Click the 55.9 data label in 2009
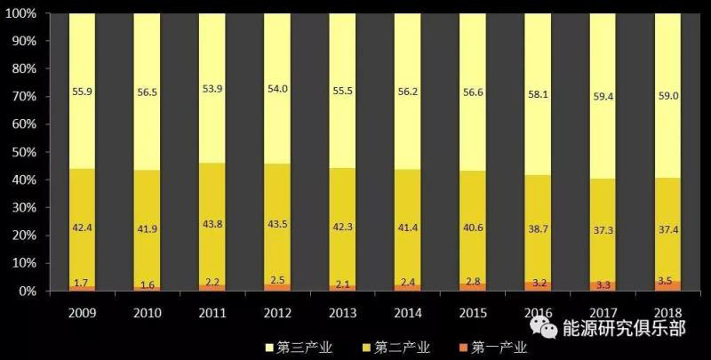pyautogui.click(x=82, y=91)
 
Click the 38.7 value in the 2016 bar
pyautogui.click(x=538, y=229)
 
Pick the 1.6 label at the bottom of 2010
pyautogui.click(x=147, y=285)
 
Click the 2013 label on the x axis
pyautogui.click(x=342, y=313)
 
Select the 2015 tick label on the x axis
pyautogui.click(x=473, y=313)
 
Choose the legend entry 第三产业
pyautogui.click(x=300, y=346)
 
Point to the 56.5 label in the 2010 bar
pyautogui.click(x=147, y=90)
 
